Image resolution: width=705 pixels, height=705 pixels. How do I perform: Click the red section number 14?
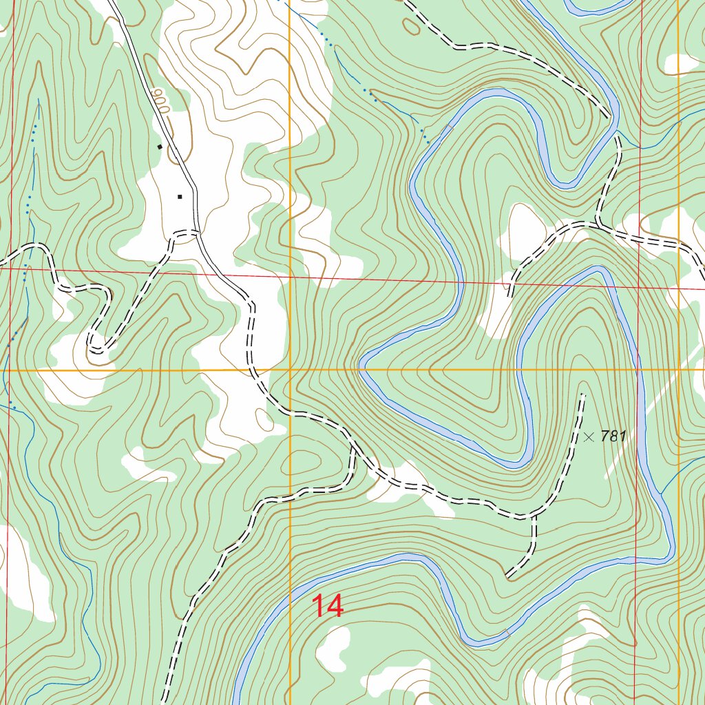[328, 607]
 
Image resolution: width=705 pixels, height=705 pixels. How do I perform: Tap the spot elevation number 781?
[613, 436]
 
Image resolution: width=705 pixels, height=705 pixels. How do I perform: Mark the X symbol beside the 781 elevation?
[589, 436]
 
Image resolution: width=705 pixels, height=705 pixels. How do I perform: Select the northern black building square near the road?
[160, 146]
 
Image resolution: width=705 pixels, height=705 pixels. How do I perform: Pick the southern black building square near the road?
[180, 196]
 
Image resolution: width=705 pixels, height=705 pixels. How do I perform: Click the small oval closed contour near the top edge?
[411, 26]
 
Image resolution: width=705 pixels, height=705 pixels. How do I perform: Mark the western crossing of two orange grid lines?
[290, 370]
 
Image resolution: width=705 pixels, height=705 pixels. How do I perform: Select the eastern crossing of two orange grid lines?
[679, 370]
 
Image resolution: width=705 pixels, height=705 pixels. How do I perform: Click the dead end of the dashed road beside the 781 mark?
[584, 394]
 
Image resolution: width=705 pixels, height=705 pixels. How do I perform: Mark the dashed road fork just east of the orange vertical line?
[352, 446]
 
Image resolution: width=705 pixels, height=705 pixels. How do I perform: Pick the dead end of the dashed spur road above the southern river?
[507, 575]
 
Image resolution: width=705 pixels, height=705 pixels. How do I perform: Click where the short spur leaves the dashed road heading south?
[534, 515]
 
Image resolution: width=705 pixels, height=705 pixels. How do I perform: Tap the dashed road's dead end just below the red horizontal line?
[510, 295]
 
